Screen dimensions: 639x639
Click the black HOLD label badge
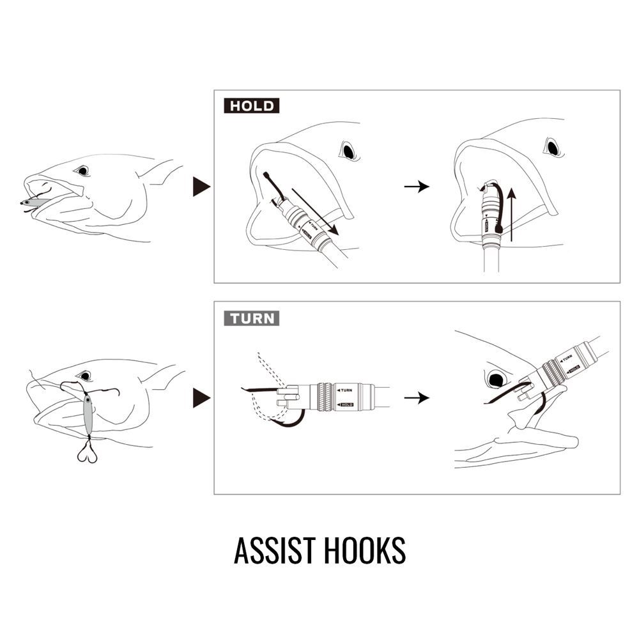(251, 106)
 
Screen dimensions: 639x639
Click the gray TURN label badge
(251, 318)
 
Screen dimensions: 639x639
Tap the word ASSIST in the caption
(275, 550)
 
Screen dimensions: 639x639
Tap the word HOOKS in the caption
(365, 550)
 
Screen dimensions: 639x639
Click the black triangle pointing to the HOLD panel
(201, 187)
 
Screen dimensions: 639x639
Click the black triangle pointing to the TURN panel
(201, 397)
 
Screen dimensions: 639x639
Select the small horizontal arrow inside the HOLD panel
(417, 187)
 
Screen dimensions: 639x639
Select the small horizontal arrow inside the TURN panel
(417, 397)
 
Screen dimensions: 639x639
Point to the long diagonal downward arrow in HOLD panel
(315, 212)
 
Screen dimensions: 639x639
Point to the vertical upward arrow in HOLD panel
(512, 214)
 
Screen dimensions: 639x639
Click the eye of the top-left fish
(82, 171)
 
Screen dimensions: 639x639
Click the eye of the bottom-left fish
(85, 375)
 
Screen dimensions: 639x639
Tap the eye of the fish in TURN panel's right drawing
(496, 380)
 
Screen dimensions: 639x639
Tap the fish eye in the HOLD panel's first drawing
(348, 151)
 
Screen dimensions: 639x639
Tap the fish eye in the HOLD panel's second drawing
(553, 148)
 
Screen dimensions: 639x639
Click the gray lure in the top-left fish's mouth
(34, 202)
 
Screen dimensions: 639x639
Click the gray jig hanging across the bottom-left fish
(88, 415)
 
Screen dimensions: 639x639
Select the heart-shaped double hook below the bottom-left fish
(87, 452)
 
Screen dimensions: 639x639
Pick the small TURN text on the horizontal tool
(346, 390)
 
